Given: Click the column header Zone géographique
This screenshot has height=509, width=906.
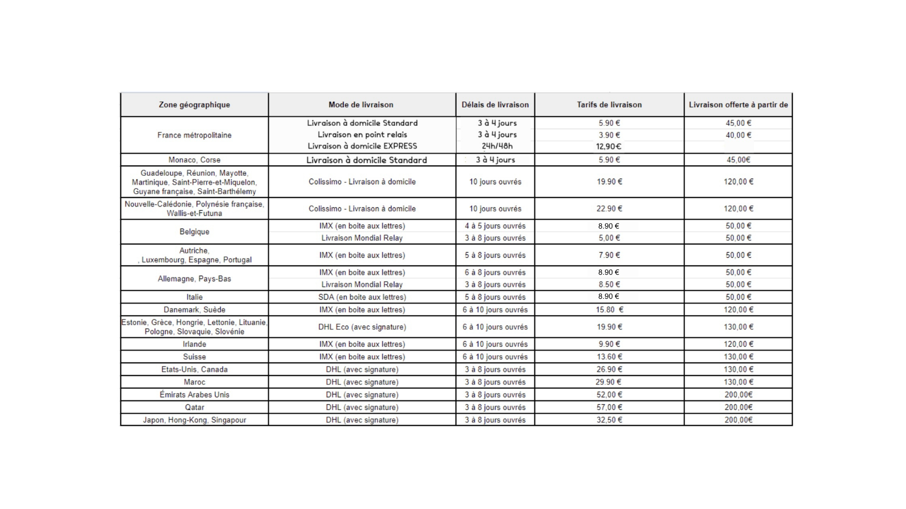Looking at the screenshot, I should (194, 105).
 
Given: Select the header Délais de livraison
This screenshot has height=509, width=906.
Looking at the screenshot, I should (495, 105).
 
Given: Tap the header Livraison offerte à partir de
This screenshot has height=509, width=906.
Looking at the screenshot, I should (738, 105).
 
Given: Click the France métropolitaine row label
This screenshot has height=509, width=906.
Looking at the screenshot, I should (194, 135).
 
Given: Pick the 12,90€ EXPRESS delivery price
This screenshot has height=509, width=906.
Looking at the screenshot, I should (609, 146).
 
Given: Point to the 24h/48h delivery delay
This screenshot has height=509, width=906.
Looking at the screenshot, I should (497, 146).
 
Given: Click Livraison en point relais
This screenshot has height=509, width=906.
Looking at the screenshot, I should (362, 135).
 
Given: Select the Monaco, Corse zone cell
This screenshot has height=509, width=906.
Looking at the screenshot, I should (194, 160).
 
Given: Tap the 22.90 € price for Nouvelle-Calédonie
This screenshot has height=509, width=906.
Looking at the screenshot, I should (609, 208).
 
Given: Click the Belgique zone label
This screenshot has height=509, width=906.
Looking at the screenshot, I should (194, 231).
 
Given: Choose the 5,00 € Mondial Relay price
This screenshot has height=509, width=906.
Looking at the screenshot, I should (609, 238).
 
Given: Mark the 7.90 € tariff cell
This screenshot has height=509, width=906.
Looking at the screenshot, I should (609, 255).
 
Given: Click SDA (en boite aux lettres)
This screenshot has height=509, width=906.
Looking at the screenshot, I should (362, 297).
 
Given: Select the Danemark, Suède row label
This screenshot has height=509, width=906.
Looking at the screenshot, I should (194, 310).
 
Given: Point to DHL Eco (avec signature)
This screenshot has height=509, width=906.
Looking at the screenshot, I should (362, 327).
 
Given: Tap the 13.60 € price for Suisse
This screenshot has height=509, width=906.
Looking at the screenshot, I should (609, 357).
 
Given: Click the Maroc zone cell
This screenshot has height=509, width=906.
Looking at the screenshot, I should (194, 382).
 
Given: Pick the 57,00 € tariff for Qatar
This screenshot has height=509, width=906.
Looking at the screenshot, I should (609, 407).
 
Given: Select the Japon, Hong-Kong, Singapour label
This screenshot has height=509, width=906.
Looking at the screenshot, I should (194, 420).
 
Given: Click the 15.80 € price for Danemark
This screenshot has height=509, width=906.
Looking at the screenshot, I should (609, 310).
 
